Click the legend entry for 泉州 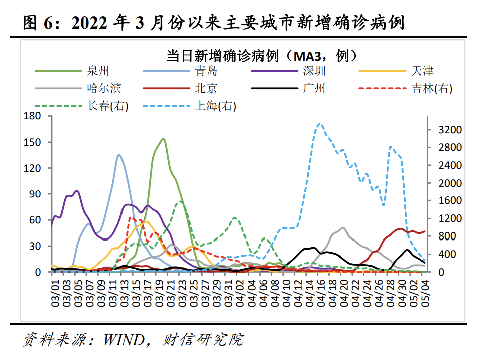[98, 71]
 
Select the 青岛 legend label [206, 71]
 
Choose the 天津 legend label [422, 71]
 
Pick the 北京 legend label [206, 89]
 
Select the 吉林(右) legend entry [431, 89]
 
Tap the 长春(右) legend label [107, 106]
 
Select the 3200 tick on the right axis [449, 130]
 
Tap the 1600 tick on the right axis [449, 201]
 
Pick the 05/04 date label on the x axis [425, 289]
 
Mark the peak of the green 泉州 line [163, 139]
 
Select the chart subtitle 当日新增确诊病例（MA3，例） [262, 55]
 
